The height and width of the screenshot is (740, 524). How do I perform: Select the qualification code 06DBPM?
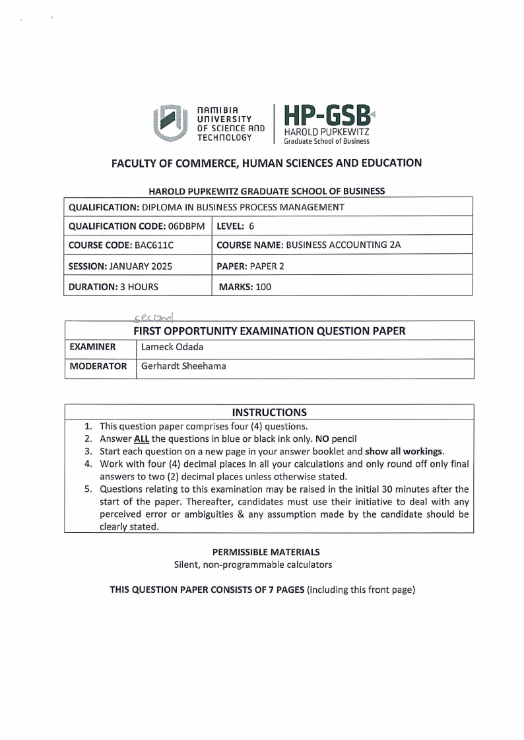(187, 226)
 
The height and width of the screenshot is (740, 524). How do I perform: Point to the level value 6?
(251, 226)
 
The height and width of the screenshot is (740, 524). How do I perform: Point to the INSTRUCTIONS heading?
(269, 413)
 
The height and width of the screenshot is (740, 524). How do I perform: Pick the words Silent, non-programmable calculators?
(253, 565)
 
